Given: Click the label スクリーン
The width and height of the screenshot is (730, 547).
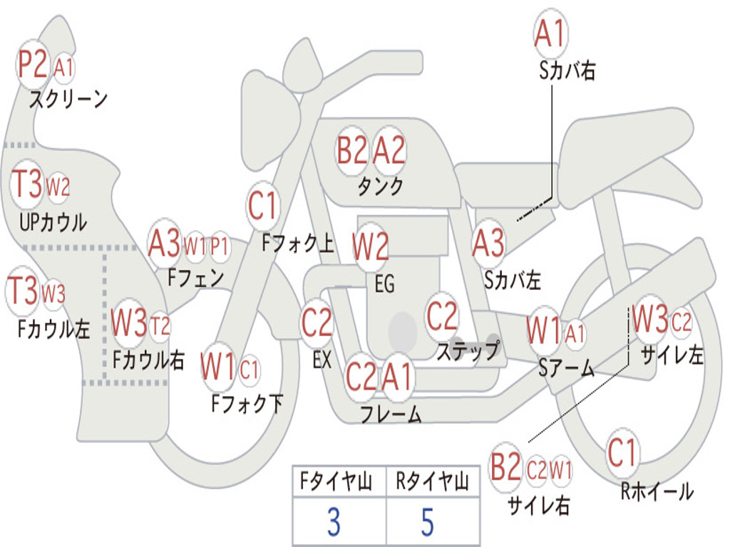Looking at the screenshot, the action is pos(68,98).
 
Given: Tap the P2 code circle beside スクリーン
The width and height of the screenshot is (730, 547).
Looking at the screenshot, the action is pos(33,64).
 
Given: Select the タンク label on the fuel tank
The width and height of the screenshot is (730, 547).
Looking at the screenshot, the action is pos(380,186).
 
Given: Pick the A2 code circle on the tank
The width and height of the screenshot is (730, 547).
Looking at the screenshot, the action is pos(389,150).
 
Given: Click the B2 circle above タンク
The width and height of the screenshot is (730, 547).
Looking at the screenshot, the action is pos(352,150).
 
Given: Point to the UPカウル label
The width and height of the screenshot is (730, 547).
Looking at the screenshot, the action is pos(53,222).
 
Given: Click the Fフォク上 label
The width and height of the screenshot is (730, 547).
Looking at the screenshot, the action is pos(298,243).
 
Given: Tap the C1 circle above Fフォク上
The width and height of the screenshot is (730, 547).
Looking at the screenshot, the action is pos(263,206).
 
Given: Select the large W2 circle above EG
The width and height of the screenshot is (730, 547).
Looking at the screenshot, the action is pos(371,246).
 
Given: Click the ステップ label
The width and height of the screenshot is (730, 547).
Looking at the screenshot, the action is pos(468,350).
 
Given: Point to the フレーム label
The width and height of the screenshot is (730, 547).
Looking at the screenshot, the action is pos(391,414).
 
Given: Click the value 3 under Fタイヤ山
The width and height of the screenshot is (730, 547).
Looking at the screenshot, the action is pos(334,521).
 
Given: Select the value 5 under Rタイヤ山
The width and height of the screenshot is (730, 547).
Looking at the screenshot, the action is pos(428,521).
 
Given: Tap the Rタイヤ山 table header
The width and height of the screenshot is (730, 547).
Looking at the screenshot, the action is pos(433,481).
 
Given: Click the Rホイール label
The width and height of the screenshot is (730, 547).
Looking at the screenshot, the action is pos(657,491).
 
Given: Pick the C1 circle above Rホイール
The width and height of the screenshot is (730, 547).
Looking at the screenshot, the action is pos(622,452).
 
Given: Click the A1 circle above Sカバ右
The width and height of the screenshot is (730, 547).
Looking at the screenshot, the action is pos(551,33).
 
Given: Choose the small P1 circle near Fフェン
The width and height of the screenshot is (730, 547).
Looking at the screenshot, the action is pos(220,246).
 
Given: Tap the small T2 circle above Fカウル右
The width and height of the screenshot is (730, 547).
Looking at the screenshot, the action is pos(160,325).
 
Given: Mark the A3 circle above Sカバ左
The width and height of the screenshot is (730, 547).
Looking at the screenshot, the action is pos(488,244).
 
